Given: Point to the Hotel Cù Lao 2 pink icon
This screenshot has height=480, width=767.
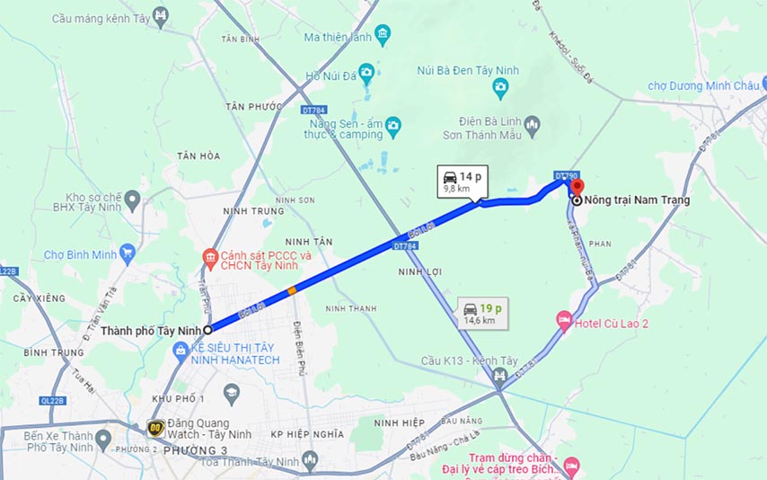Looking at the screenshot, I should (564, 319).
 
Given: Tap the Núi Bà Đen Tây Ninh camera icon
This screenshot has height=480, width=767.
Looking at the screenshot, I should (500, 87).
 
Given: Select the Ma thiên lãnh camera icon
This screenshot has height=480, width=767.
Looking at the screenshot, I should (383, 37).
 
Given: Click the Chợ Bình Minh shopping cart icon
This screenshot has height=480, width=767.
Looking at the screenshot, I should (127, 254).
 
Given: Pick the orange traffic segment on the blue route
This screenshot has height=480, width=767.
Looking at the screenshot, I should (291, 290).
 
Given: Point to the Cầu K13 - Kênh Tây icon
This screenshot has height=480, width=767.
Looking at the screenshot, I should (500, 374).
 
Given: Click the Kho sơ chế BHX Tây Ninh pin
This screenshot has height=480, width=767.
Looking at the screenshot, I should (132, 200).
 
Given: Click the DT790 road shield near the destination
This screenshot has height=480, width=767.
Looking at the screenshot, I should (566, 176).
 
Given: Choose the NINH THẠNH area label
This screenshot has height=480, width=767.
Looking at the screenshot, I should (350, 308).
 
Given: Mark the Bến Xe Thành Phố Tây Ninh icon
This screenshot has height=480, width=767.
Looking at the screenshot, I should (106, 440).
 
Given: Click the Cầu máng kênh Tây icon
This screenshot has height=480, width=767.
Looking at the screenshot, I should (160, 16).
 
